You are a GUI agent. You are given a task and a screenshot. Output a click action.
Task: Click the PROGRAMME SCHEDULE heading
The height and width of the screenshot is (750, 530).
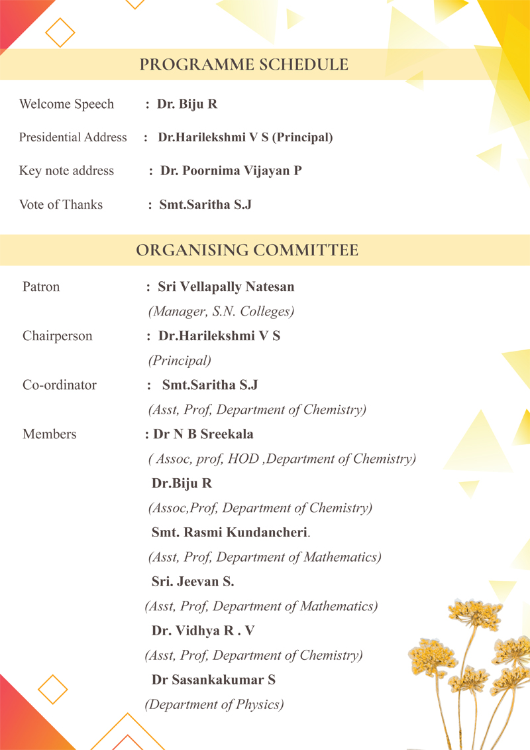point(244,64)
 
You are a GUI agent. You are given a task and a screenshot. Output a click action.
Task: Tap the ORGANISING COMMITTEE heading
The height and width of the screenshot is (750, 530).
point(247,250)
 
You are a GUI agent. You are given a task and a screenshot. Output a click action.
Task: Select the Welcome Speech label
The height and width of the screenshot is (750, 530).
point(66,104)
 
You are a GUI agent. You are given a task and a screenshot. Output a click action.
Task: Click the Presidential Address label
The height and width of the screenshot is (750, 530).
point(73,137)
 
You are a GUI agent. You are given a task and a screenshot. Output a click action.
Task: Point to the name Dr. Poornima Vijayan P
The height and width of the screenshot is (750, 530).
point(231,170)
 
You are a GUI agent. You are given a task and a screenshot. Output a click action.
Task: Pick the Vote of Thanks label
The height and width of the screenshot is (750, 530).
point(61,204)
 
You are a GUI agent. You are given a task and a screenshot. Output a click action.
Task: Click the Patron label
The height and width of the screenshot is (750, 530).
point(41,286)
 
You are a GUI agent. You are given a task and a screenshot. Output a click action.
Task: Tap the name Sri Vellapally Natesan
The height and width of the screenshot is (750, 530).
point(226,286)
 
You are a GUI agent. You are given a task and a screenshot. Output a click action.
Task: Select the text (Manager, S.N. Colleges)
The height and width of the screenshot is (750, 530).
point(221,311)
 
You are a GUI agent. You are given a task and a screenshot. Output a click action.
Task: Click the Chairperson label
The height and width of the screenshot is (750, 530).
point(58,336)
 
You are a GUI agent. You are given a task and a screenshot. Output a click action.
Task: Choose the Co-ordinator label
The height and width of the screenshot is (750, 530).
point(60,385)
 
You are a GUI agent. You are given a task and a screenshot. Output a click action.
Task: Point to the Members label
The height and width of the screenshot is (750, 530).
point(50,434)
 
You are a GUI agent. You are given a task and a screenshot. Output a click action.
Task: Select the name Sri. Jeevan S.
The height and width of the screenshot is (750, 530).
point(193,582)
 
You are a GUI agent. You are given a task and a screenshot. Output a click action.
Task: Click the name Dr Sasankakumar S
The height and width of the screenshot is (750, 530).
point(213,680)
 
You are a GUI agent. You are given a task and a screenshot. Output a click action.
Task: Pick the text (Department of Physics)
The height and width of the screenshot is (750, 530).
point(214,704)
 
